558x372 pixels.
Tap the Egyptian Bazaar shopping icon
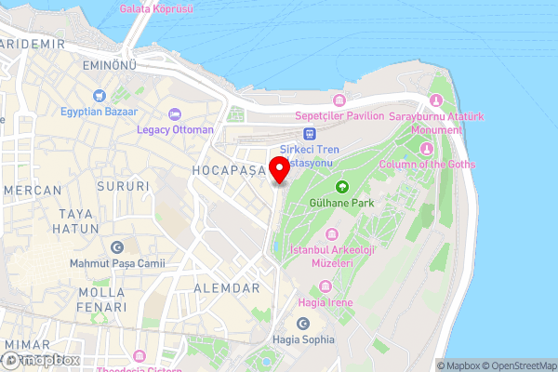99,96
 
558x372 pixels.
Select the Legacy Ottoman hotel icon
174,114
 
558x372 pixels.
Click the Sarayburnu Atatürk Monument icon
437,100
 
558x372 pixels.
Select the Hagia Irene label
324,302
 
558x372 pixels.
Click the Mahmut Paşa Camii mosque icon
117,247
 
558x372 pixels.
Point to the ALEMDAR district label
226,288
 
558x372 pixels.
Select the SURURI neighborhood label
121,186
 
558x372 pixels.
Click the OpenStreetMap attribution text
519,365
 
